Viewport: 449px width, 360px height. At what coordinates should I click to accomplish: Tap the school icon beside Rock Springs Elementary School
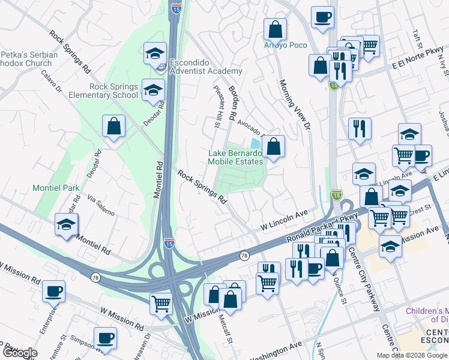(x=152, y=91)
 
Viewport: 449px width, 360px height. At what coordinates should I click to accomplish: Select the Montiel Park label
(x=56, y=188)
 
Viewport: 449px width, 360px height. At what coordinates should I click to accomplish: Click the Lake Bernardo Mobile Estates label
(x=235, y=157)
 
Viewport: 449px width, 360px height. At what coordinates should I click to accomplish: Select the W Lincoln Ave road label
(x=284, y=220)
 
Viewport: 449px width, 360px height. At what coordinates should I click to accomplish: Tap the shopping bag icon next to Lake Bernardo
(x=273, y=146)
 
